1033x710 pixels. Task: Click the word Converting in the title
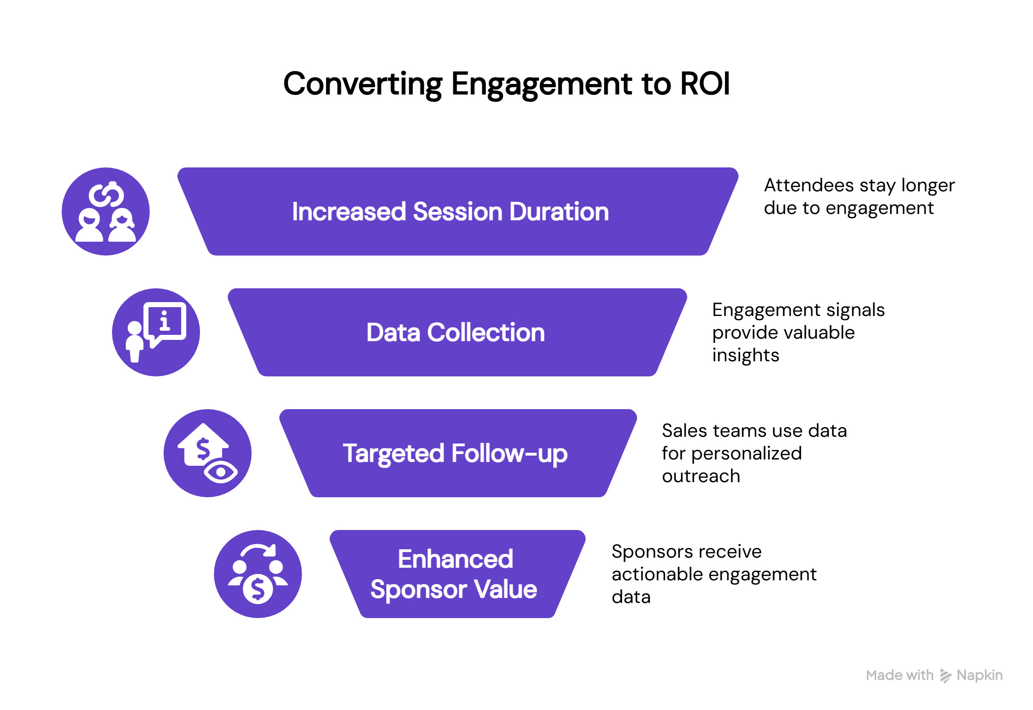click(x=362, y=84)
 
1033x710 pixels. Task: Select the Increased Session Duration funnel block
click(x=458, y=211)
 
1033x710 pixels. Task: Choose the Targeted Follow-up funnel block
click(x=458, y=453)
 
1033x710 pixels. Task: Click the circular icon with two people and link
click(x=106, y=211)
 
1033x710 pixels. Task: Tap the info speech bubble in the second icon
click(x=165, y=321)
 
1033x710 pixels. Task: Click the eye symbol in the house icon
click(x=221, y=472)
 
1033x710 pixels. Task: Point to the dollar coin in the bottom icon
click(x=258, y=589)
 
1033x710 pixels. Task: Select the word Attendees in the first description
click(x=809, y=185)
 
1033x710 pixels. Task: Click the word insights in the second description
click(x=745, y=355)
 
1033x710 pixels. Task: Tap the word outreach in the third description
click(x=701, y=476)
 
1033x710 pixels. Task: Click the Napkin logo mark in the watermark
click(x=945, y=676)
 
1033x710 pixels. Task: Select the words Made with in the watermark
click(x=899, y=675)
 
